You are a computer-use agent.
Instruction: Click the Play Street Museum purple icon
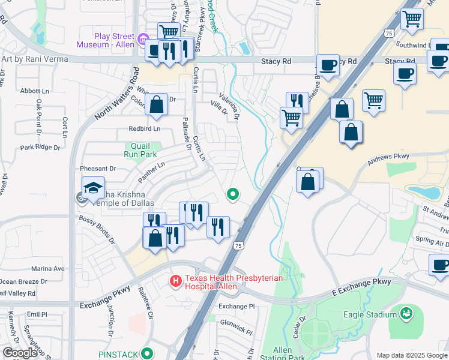tap(142, 40)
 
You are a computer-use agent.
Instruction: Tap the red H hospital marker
tap(176, 280)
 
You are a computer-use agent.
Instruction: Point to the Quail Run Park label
tap(143, 149)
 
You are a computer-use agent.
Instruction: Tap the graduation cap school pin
tap(93, 188)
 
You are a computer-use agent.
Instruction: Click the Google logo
tap(20, 353)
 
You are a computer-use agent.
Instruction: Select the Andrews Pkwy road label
tap(388, 157)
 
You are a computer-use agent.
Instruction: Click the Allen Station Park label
tap(282, 353)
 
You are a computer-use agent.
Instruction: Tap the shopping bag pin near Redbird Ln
tap(156, 105)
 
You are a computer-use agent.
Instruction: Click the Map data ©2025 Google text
tap(411, 355)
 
